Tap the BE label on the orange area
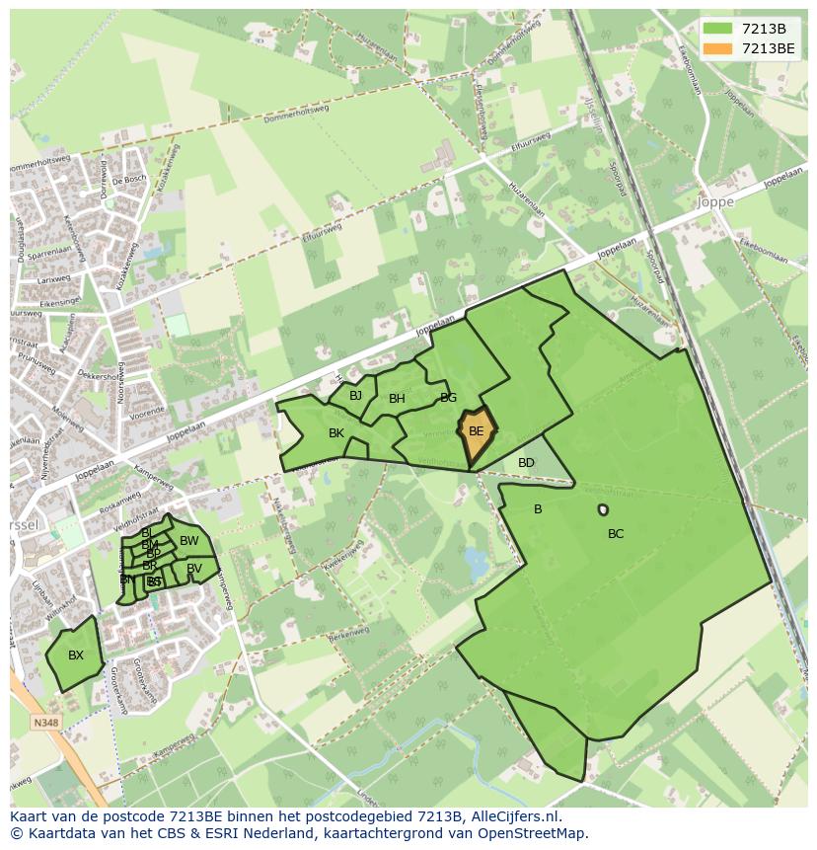point(476,431)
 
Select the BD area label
point(526,463)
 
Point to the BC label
point(616,534)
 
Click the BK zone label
point(336,433)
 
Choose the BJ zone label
point(355,396)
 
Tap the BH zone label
point(397,399)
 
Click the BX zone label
point(76,656)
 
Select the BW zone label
point(188,541)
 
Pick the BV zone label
point(194,569)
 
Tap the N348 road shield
point(45,723)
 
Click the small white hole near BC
point(603,509)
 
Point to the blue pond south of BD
point(477,564)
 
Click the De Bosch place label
point(128,181)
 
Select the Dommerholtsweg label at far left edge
point(39,163)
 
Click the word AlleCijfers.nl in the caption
point(514,816)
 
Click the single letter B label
point(538,509)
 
